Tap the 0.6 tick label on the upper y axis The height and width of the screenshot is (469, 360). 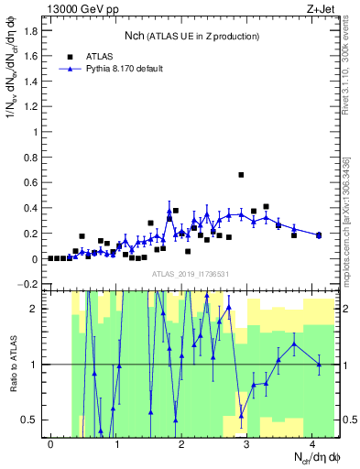coord(29,182)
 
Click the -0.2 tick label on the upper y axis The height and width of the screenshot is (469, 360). coord(27,284)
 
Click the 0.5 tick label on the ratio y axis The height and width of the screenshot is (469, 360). coord(29,420)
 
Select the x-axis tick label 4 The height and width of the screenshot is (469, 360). coord(312,444)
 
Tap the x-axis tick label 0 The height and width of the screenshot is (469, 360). coord(50,444)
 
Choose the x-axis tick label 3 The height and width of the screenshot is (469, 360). coord(247,444)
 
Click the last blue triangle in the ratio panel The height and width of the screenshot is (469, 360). coord(319,365)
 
